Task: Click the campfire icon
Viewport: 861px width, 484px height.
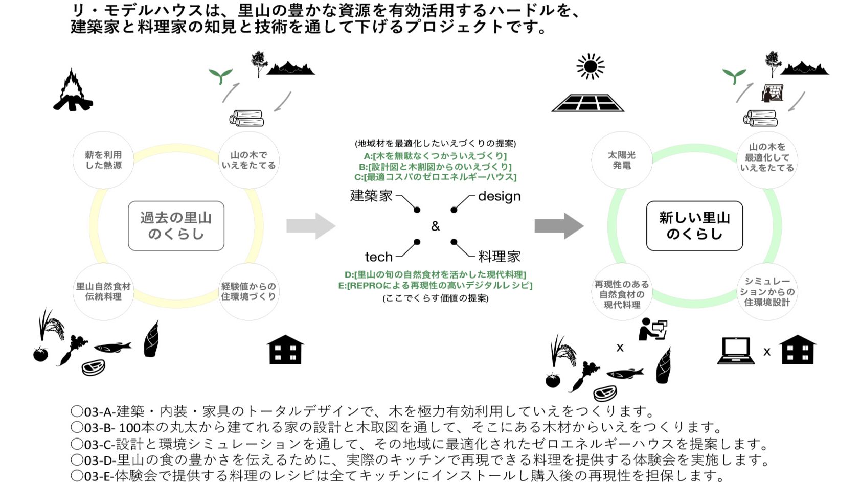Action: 73,91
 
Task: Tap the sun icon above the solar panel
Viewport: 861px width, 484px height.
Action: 590,66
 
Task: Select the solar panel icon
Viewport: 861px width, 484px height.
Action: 587,103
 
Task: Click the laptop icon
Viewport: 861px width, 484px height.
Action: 736,351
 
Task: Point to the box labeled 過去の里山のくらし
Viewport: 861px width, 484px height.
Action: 176,226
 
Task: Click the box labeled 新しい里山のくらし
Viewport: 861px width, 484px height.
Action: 694,226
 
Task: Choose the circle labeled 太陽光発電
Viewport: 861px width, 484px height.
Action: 621,160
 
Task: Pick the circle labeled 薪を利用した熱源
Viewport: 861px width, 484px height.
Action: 103,160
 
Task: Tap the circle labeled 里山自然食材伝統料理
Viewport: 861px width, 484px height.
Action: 103,291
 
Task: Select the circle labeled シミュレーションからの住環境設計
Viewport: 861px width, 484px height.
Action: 766,291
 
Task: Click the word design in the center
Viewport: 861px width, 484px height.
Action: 499,196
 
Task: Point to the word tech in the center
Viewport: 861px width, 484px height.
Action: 378,257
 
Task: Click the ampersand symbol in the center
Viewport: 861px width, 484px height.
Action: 435,226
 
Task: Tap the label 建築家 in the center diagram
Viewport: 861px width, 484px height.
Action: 371,196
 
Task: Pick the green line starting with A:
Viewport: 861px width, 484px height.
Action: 435,156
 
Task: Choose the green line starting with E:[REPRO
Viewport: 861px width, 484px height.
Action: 435,285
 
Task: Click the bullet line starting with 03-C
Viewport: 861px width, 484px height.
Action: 419,444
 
